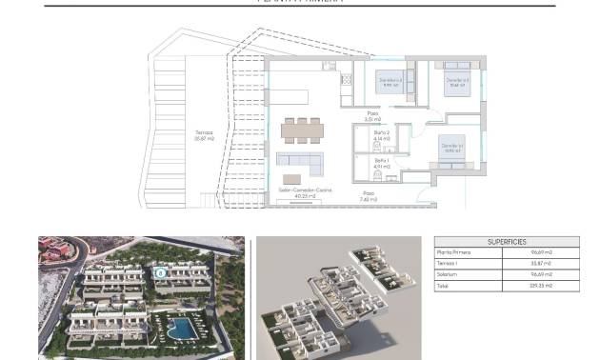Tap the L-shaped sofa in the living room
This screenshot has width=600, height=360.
point(298,159)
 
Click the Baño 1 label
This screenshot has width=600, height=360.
point(381,164)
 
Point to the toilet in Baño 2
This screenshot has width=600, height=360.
point(361,145)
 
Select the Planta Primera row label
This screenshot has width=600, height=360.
point(453,253)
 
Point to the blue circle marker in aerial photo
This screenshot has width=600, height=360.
point(161,272)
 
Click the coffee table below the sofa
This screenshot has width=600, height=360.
point(291,178)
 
